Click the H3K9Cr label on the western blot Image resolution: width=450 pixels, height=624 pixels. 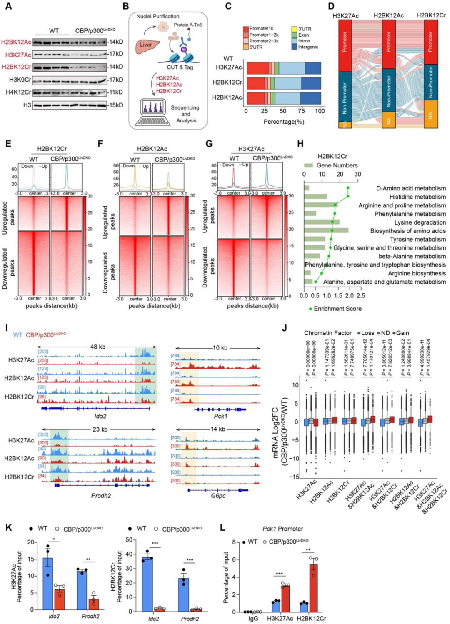coord(20,80)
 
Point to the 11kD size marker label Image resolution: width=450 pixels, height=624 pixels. coord(116,92)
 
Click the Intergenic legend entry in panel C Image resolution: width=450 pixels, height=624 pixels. coord(308,47)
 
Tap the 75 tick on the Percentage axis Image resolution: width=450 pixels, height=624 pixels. coord(301,111)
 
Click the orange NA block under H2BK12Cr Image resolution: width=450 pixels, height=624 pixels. coord(431,115)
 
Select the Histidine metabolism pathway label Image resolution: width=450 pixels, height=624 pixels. coord(417,197)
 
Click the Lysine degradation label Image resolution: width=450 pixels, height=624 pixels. coord(420,222)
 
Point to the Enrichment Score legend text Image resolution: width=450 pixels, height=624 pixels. coord(337,309)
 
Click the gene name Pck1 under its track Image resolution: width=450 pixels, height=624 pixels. coord(220,416)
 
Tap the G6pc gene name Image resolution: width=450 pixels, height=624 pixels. coord(218,496)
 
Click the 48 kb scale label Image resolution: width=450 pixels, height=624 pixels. coord(98,347)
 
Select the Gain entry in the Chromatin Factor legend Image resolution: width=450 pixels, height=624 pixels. coord(402,333)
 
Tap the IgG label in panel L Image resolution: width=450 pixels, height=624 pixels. coord(253,618)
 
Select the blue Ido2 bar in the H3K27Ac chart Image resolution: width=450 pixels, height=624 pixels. coord(48,583)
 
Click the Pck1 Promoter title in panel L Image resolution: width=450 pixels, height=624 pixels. coord(283,529)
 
